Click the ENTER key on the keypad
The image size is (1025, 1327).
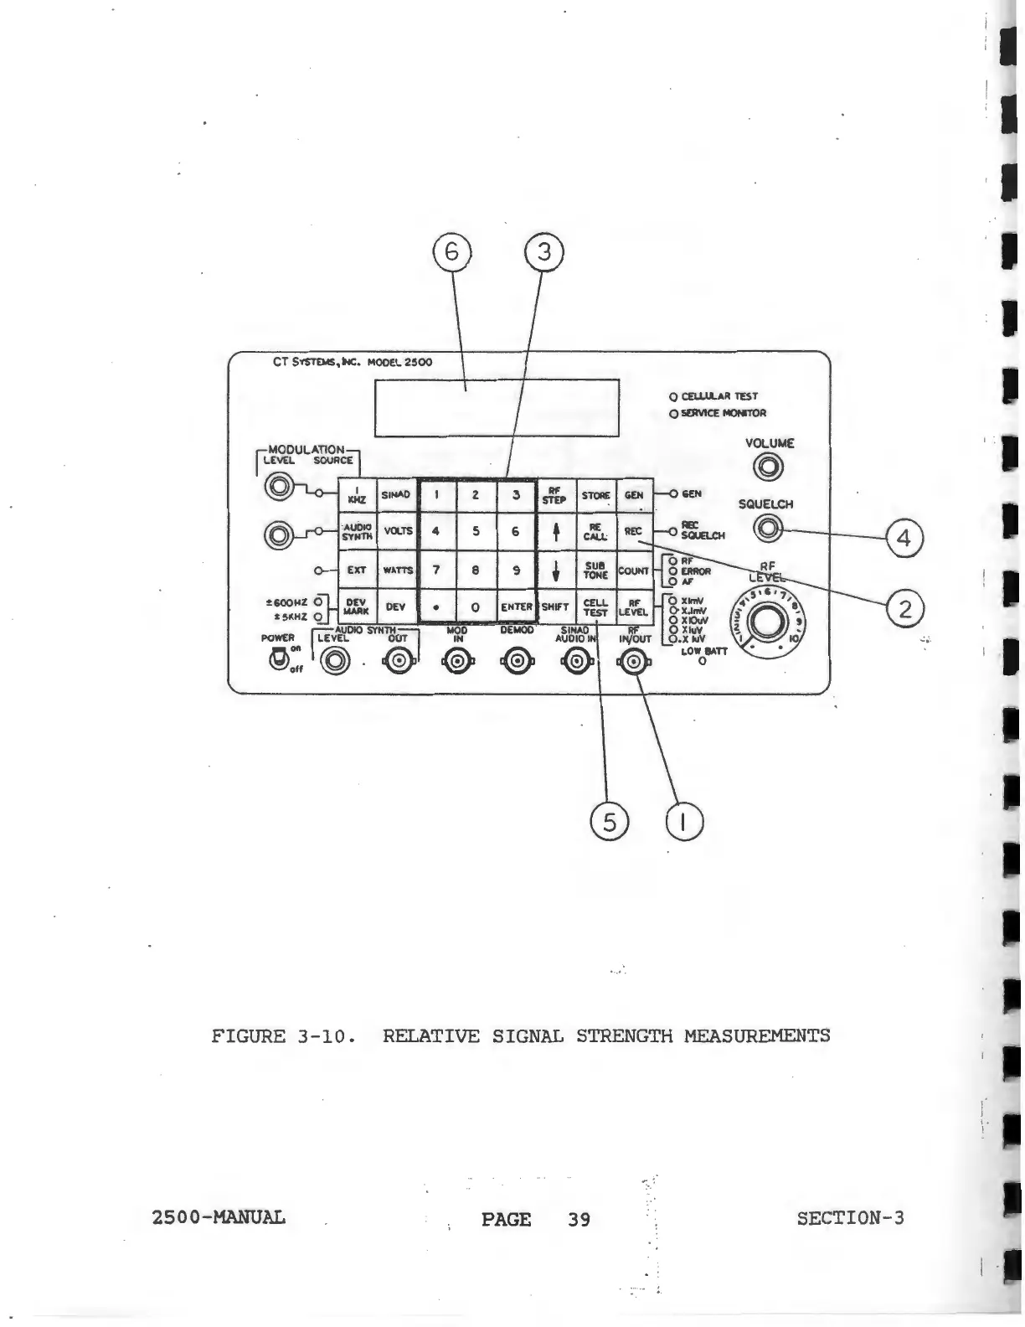tap(517, 607)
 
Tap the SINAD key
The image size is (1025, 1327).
tap(396, 494)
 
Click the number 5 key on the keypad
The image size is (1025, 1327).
tap(476, 531)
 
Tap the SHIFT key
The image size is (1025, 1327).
tap(554, 607)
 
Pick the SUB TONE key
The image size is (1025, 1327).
tap(595, 570)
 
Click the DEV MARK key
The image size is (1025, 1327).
tap(356, 607)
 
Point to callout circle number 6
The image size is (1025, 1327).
tap(452, 252)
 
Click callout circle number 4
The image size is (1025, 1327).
tap(904, 539)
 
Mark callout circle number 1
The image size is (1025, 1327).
tap(684, 822)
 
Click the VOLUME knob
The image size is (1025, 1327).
tap(769, 469)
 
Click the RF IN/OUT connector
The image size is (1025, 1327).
tap(634, 663)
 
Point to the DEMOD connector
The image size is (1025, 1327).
tap(516, 663)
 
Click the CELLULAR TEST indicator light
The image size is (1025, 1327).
tap(672, 396)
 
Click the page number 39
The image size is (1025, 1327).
tap(579, 1219)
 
